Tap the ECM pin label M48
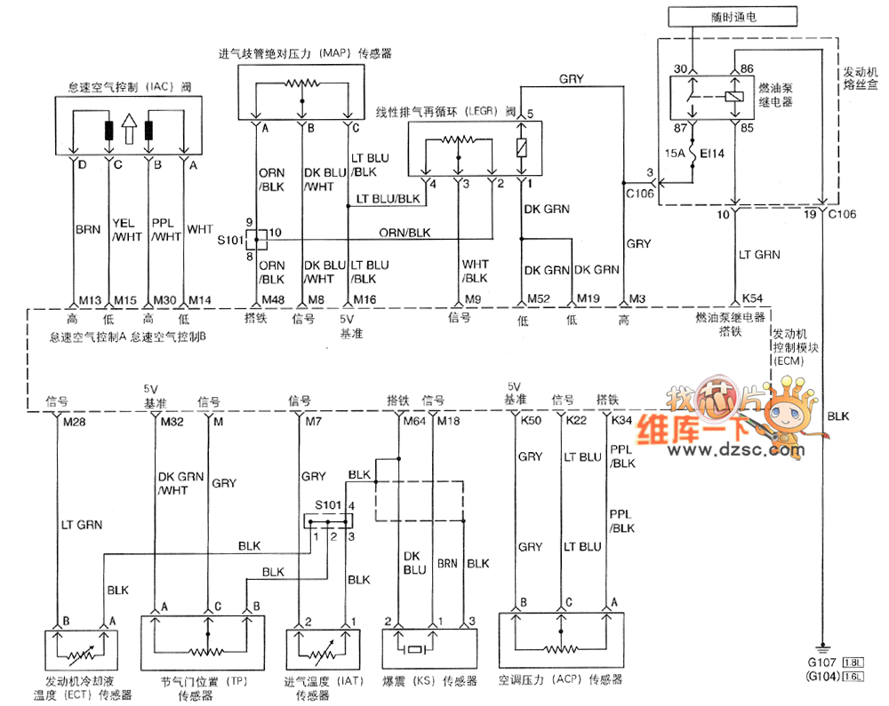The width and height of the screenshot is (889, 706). (x=272, y=300)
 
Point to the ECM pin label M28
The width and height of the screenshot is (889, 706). (x=74, y=422)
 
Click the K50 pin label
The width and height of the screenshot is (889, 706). (x=532, y=422)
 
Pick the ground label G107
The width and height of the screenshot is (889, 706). (x=823, y=662)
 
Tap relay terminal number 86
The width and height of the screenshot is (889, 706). (x=746, y=68)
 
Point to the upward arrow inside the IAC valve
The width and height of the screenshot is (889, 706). (x=129, y=130)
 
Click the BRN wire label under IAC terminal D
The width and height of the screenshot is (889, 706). (x=87, y=229)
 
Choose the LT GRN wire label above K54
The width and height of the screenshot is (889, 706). (x=759, y=255)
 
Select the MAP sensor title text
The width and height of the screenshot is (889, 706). (x=305, y=53)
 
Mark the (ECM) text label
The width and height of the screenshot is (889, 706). (x=789, y=362)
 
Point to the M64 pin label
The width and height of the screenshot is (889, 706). (x=413, y=422)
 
